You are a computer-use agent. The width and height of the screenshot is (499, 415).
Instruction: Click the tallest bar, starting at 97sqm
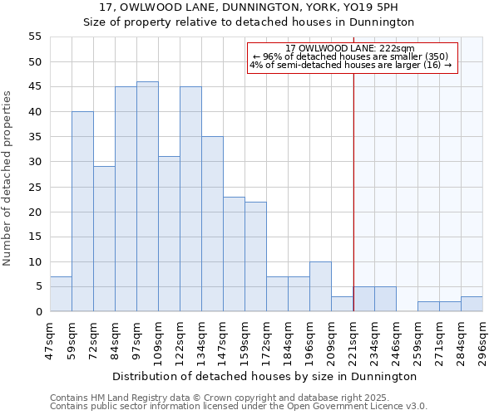click(147, 197)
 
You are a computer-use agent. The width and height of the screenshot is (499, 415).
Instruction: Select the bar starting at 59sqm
click(82, 212)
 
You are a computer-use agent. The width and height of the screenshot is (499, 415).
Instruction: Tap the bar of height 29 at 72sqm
click(104, 239)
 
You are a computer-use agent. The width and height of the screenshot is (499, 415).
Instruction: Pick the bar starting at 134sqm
click(212, 224)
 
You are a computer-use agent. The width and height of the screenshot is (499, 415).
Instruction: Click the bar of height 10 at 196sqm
click(320, 286)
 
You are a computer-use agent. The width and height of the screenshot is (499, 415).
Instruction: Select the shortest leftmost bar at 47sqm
click(61, 294)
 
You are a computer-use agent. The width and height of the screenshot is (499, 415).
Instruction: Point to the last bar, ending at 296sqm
click(472, 304)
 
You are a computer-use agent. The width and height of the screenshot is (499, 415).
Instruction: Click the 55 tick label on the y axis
click(34, 37)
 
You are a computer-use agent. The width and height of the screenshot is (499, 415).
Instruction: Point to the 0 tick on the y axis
click(37, 311)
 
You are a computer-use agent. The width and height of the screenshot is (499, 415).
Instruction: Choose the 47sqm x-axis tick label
click(51, 339)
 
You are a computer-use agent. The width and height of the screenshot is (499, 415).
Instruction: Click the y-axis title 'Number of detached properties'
click(7, 178)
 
